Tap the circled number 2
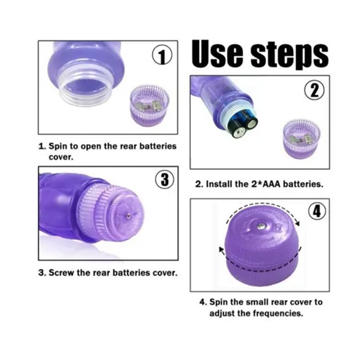pos(315,90)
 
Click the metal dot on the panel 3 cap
pos(128,216)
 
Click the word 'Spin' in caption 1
pos(58,146)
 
